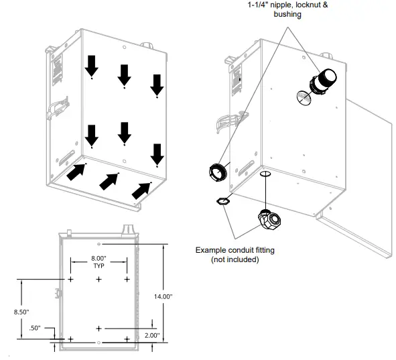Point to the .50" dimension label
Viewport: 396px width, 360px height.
[x=36, y=328]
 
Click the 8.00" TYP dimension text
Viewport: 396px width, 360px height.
[x=98, y=261]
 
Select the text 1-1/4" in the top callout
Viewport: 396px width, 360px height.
[x=259, y=5]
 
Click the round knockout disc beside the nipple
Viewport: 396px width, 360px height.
[x=303, y=99]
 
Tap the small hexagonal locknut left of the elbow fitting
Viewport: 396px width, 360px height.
[x=223, y=200]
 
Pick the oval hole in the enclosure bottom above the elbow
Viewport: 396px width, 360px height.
[x=265, y=174]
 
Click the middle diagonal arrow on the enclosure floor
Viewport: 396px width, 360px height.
[x=109, y=181]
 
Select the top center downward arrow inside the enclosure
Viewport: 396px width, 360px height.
[x=124, y=75]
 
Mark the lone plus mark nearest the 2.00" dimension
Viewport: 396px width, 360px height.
[x=98, y=328]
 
